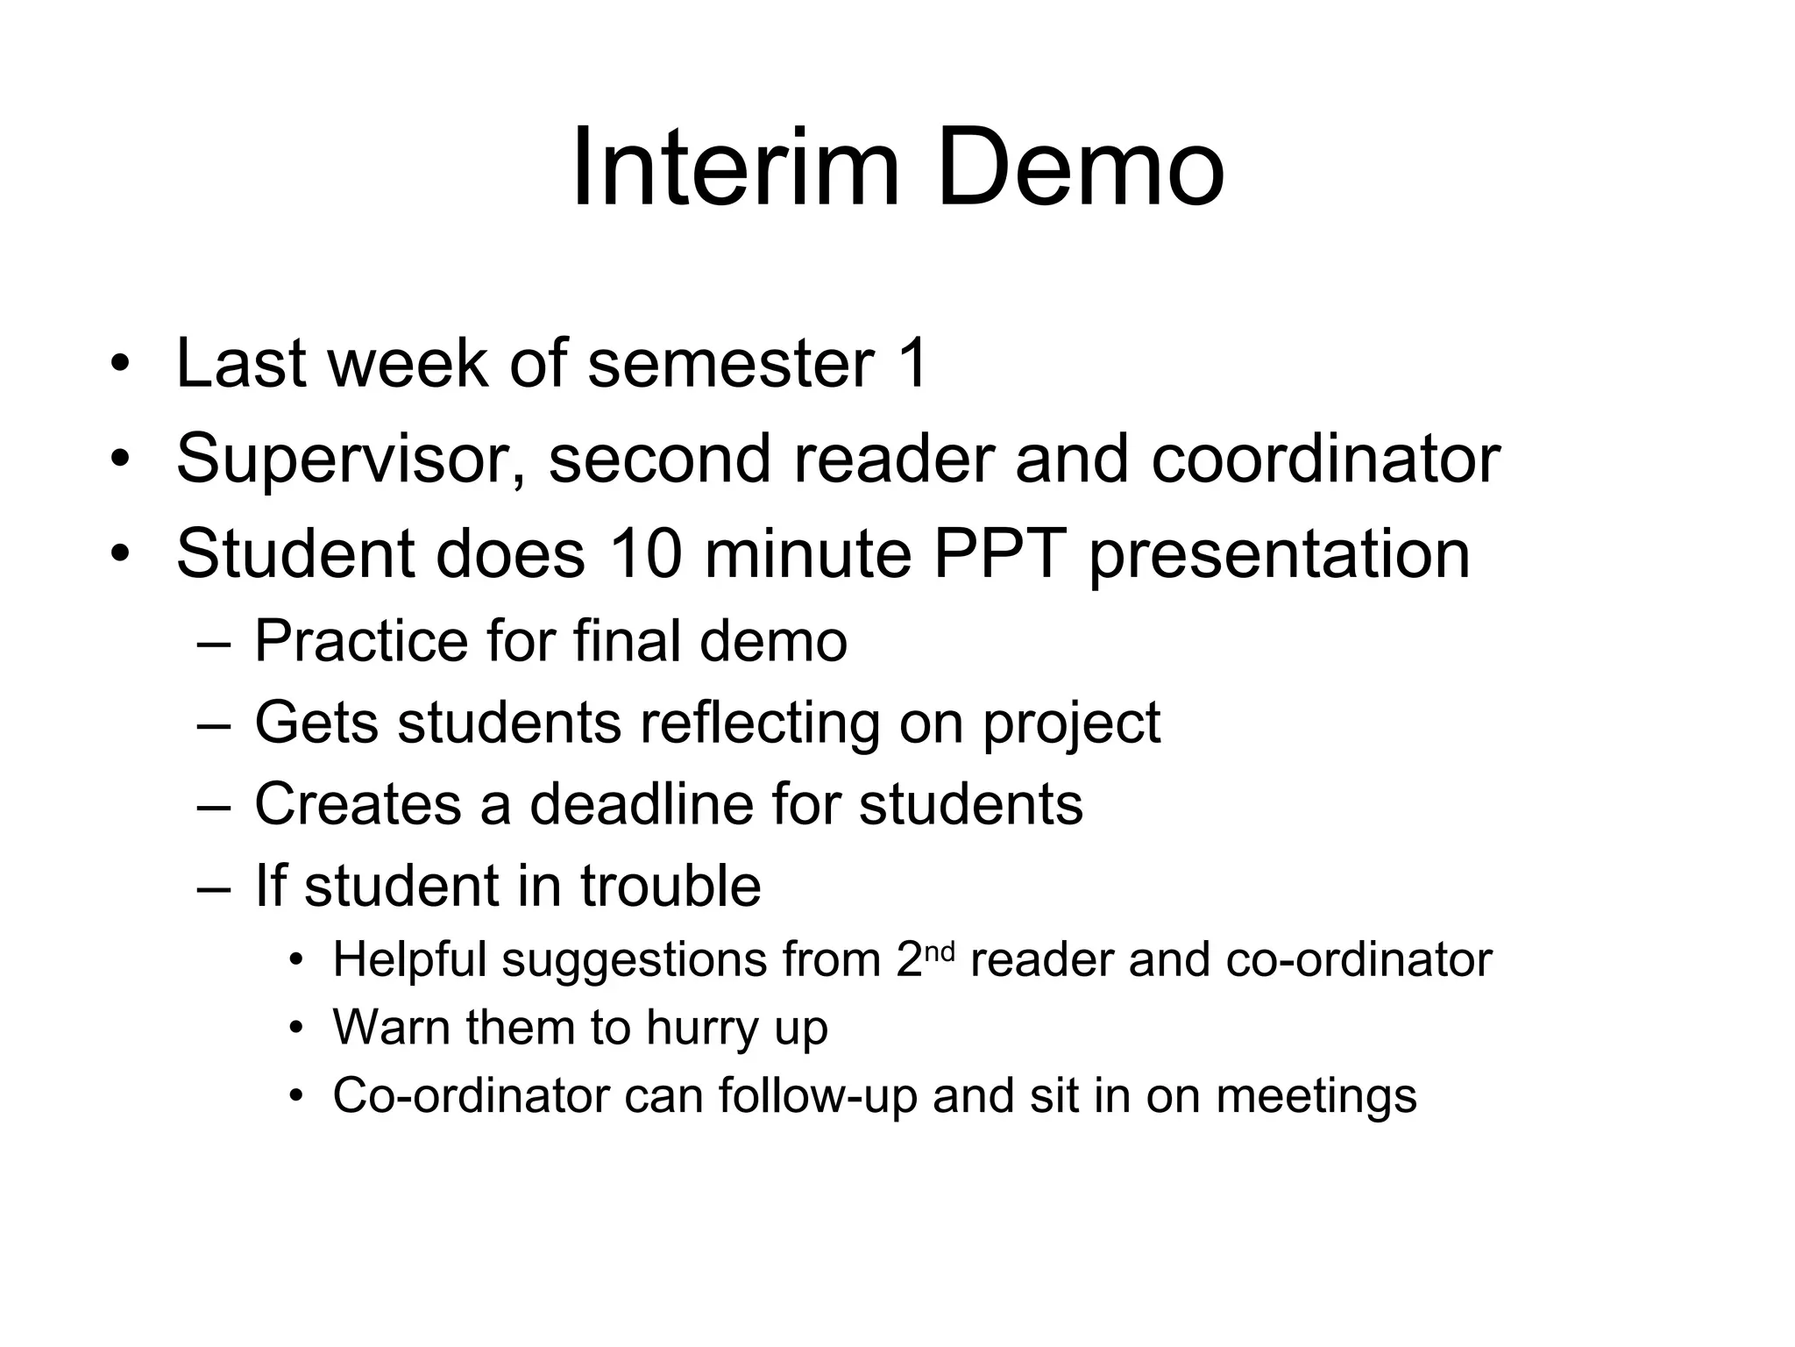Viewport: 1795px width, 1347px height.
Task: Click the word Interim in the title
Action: pyautogui.click(x=734, y=167)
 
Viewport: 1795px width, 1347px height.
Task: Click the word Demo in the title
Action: pyautogui.click(x=1080, y=167)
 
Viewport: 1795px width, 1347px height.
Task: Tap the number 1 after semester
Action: pyautogui.click(x=911, y=363)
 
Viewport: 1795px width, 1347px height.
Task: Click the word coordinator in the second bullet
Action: pyautogui.click(x=1325, y=460)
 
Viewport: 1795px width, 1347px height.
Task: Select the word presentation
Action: pyautogui.click(x=1279, y=556)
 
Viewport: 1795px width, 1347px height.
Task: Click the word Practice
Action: pyautogui.click(x=362, y=641)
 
